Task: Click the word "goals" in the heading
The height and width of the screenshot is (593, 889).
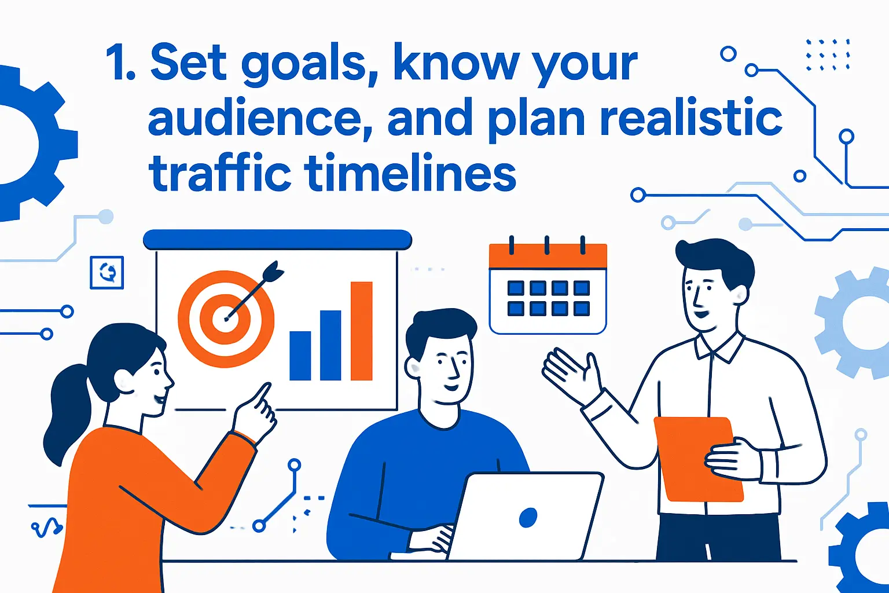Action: pyautogui.click(x=303, y=65)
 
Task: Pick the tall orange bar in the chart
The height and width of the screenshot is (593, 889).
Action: pyautogui.click(x=361, y=331)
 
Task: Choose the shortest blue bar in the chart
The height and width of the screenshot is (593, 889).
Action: pyautogui.click(x=300, y=355)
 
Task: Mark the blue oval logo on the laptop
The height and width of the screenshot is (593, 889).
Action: pyautogui.click(x=528, y=517)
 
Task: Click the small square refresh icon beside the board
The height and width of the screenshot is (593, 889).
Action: pyautogui.click(x=107, y=272)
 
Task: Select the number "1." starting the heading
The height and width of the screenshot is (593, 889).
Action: pyautogui.click(x=120, y=65)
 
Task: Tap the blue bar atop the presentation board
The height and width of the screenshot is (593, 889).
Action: pyautogui.click(x=277, y=239)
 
